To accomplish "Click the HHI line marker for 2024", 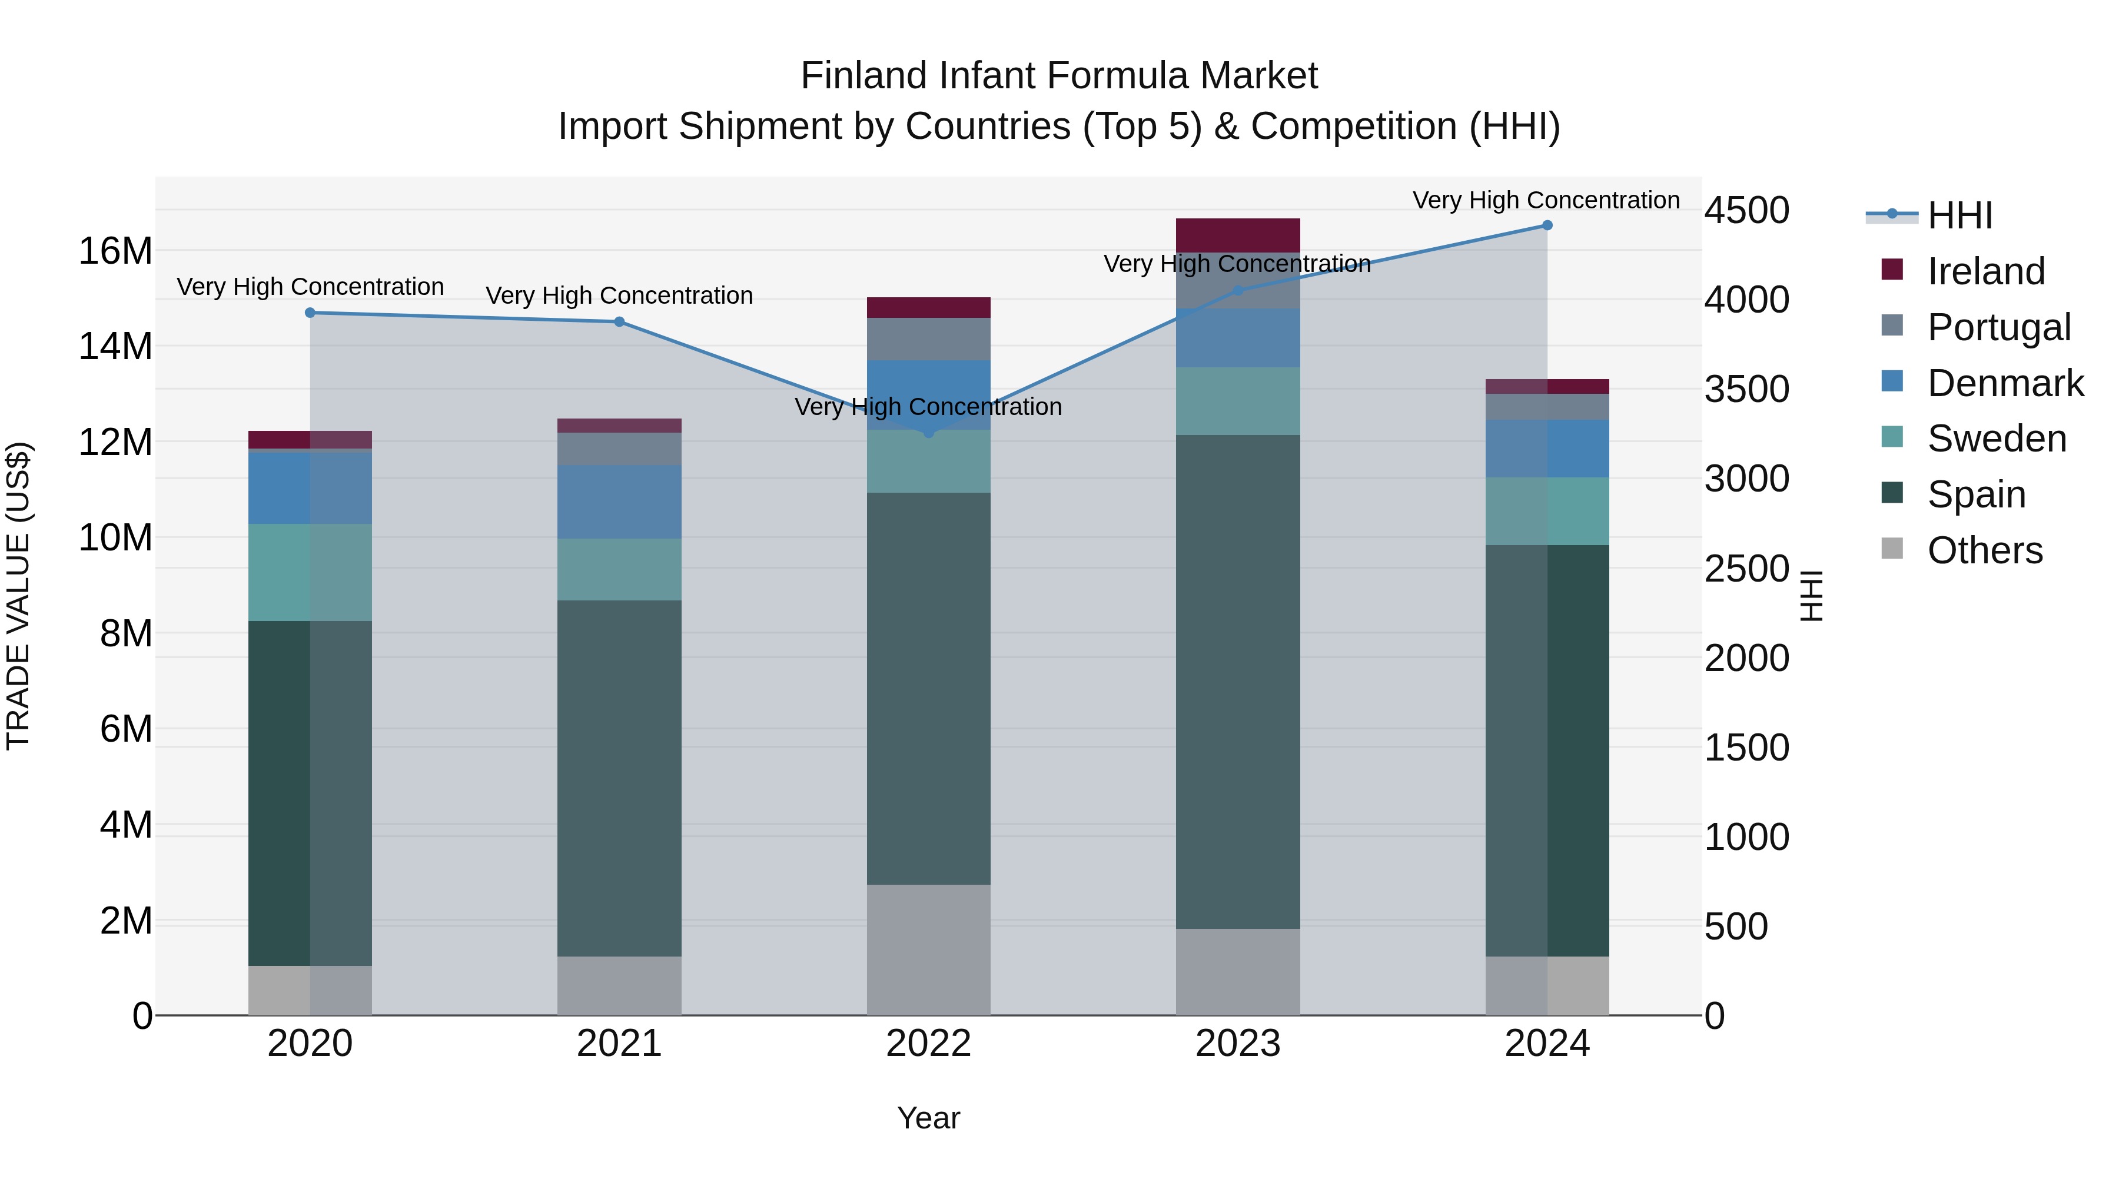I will [1546, 225].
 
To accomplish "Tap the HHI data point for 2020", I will [310, 313].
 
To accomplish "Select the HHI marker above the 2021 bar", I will [619, 321].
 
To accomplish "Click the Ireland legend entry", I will [1986, 271].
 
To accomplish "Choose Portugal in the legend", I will [1999, 327].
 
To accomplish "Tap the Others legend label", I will [1985, 550].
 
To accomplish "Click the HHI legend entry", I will [1959, 215].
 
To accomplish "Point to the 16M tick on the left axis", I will [115, 251].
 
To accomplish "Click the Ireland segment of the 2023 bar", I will [1237, 235].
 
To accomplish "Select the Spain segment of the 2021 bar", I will [619, 778].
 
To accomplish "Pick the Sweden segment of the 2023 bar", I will [1237, 401].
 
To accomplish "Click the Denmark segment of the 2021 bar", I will [619, 502].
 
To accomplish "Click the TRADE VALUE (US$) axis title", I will [18, 596].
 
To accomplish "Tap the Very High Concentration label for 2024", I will [1546, 200].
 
